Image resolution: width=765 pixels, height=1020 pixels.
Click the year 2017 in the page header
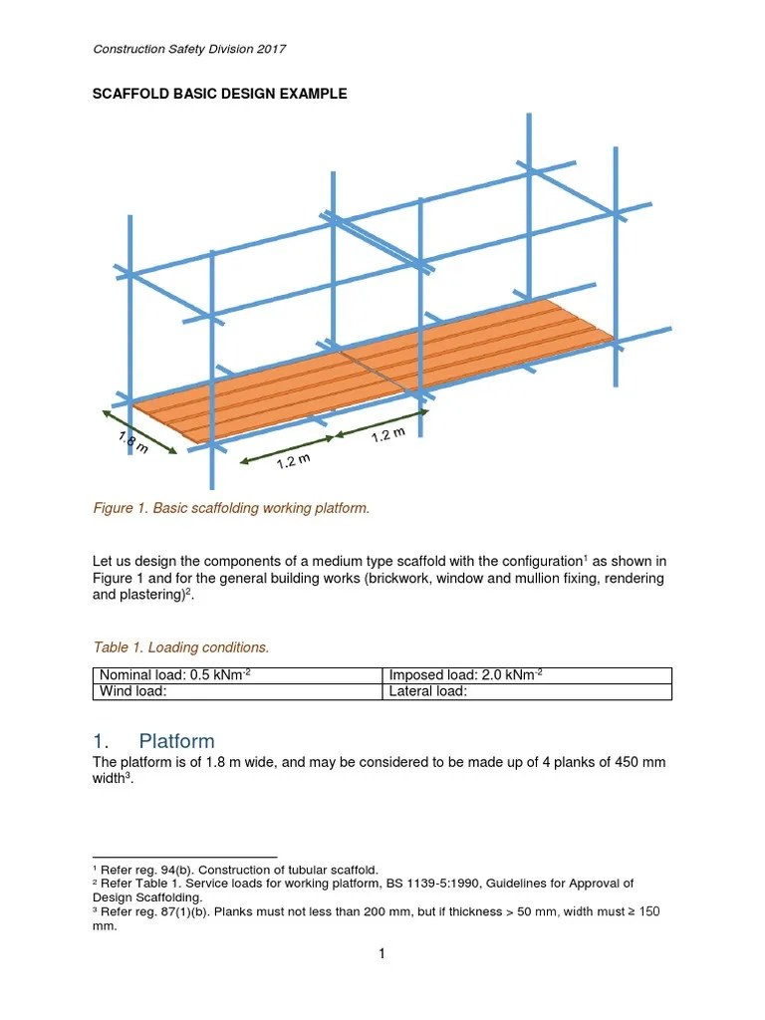point(273,49)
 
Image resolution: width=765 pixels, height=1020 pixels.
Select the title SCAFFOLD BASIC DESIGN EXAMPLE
point(219,94)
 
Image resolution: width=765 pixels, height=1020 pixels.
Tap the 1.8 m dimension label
point(132,442)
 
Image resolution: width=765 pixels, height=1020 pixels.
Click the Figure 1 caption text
point(230,508)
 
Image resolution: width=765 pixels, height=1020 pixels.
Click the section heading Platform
point(176,741)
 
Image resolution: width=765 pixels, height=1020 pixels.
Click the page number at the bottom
point(382,954)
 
